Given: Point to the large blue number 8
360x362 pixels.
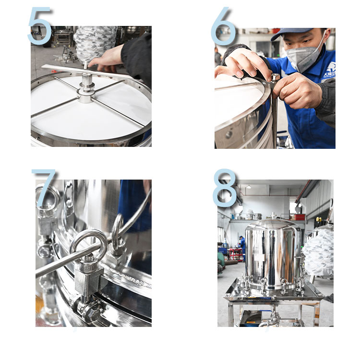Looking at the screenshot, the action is click(x=225, y=188).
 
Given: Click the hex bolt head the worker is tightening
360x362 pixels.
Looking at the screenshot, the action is click(x=275, y=78).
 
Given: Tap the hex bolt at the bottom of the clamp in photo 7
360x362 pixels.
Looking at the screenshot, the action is click(x=91, y=312).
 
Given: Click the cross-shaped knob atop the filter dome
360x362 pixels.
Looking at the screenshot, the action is click(x=273, y=216).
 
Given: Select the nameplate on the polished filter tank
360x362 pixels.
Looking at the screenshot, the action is click(x=259, y=257).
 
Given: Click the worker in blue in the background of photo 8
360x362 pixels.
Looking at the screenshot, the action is click(x=242, y=248).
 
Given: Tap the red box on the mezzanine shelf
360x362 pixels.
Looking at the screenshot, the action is click(x=300, y=217).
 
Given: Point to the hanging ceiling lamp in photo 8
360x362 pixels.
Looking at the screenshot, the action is click(x=249, y=186).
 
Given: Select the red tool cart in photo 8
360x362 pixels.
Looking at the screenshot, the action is click(x=236, y=254).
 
